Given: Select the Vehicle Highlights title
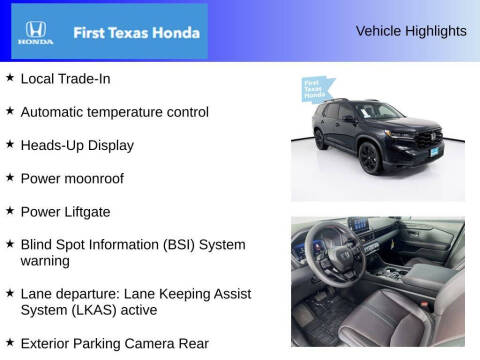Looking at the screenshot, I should (411, 31).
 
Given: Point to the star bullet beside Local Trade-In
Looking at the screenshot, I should (10, 77).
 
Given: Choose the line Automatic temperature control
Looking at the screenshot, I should (114, 112).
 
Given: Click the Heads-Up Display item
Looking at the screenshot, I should (77, 145).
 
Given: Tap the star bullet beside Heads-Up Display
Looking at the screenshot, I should (10, 144).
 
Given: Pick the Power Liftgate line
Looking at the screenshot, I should (65, 211).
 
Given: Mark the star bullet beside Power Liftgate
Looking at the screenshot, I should (10, 210).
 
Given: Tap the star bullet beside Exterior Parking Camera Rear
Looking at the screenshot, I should (10, 342).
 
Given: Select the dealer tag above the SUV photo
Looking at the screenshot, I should (318, 90).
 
